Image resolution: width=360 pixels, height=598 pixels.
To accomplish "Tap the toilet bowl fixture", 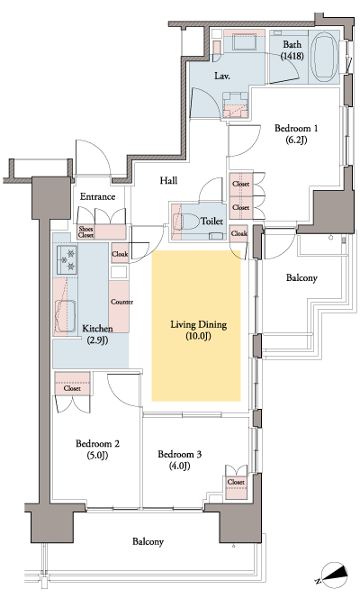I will click(x=188, y=219).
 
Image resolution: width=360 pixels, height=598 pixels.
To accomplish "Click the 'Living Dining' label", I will click(x=196, y=324).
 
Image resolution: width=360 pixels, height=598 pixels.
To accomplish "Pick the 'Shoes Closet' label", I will click(x=85, y=232).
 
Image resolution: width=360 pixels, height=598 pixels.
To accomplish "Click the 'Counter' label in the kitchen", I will click(x=121, y=302).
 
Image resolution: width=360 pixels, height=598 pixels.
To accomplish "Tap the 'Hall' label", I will click(x=167, y=181).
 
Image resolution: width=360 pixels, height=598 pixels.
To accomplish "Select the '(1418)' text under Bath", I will click(x=292, y=56).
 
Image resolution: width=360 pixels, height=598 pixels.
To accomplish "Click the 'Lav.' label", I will click(x=223, y=77).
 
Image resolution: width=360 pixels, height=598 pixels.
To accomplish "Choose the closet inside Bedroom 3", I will click(x=236, y=482).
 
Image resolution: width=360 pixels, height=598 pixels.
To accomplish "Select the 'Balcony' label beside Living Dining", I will click(x=301, y=278).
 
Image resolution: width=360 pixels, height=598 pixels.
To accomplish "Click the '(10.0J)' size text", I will click(x=196, y=337).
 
